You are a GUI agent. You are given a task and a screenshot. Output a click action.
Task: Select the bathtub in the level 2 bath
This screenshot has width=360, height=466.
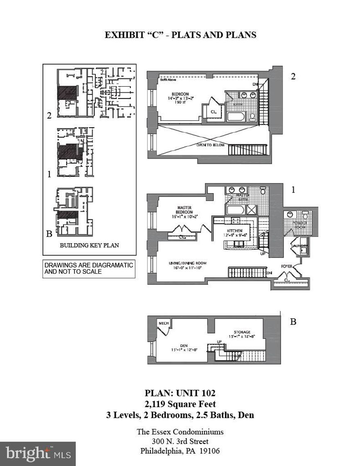click(x=236, y=117)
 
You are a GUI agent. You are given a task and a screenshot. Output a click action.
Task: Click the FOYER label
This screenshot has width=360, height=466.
click(x=286, y=266)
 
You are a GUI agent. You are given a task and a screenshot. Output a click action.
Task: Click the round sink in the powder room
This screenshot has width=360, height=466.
click(x=290, y=214)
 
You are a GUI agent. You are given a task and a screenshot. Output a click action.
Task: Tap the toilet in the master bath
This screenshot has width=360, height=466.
click(x=263, y=191)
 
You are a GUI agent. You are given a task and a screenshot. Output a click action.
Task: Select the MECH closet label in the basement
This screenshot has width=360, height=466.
click(x=164, y=324)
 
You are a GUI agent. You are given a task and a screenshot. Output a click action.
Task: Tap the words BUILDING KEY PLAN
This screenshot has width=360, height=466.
click(x=89, y=245)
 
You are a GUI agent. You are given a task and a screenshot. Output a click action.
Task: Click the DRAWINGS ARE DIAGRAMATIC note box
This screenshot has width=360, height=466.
click(x=89, y=268)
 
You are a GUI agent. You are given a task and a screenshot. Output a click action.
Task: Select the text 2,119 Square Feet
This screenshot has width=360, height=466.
click(x=180, y=404)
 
